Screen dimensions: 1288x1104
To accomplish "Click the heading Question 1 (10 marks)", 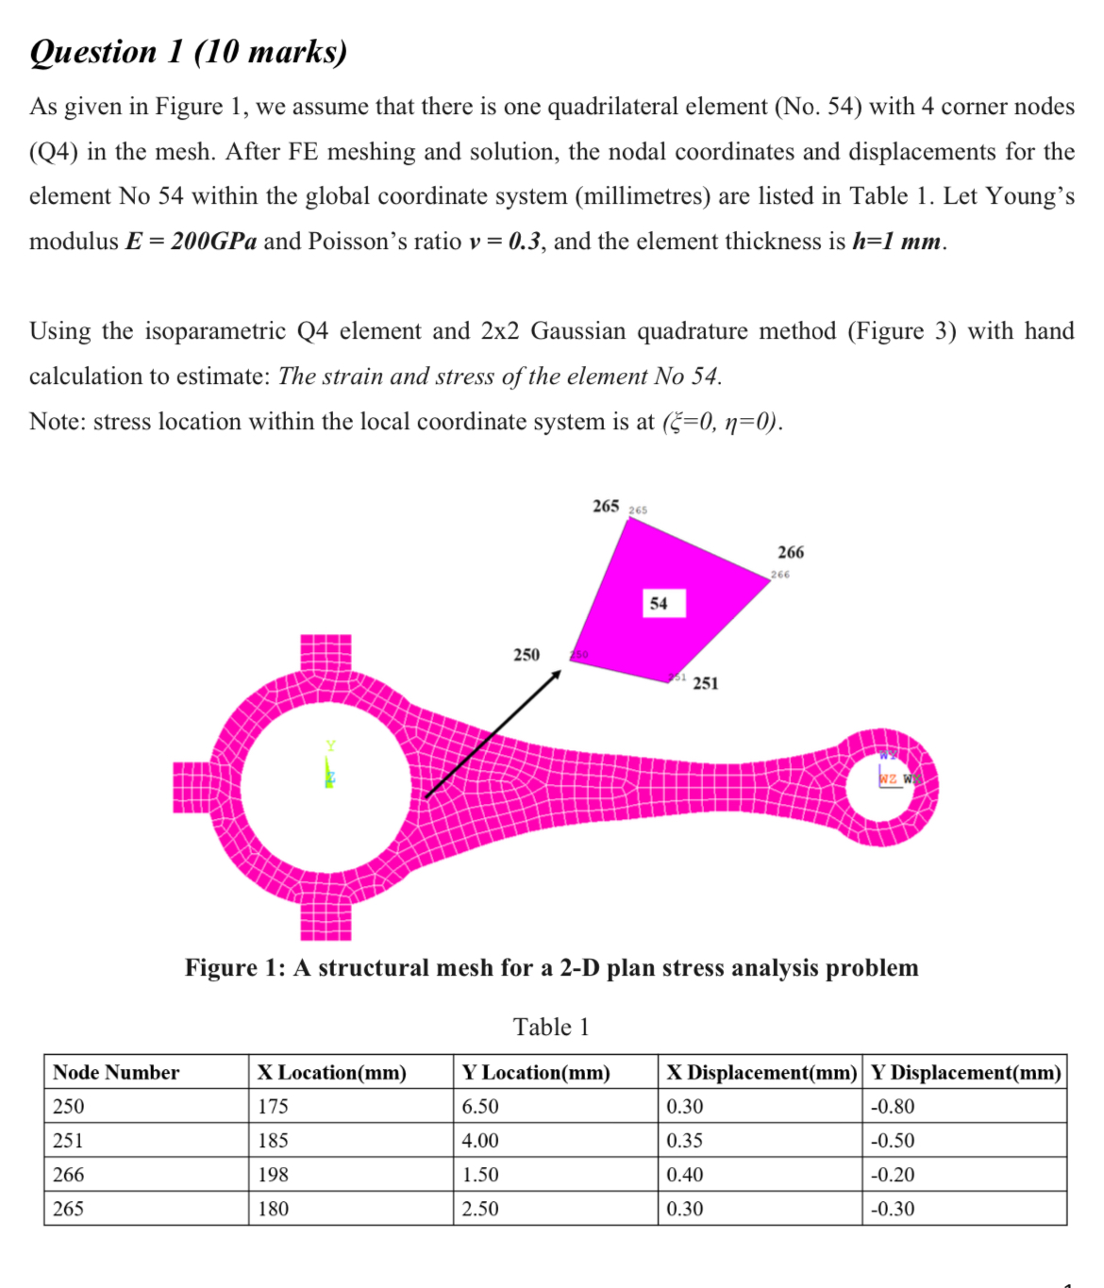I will click(x=189, y=51).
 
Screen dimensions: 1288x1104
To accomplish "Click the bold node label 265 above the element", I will click(x=606, y=506).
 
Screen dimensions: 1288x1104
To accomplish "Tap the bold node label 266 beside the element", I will click(x=791, y=552).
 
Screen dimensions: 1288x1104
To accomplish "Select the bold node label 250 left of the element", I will click(x=527, y=654).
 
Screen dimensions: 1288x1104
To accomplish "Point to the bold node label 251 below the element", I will click(x=706, y=683).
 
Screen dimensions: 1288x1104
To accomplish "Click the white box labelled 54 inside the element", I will click(x=659, y=604).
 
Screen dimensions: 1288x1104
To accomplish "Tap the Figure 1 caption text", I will click(x=551, y=968).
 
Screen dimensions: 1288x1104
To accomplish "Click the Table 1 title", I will click(x=551, y=1027).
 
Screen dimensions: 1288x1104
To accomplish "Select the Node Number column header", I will click(x=116, y=1072).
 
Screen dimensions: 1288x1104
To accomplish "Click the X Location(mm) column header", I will click(x=332, y=1072).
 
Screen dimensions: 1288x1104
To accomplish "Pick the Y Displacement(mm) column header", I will click(x=965, y=1072).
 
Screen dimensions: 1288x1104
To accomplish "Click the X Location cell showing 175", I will click(x=274, y=1106).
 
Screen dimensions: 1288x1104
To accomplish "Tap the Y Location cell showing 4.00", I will click(x=480, y=1140).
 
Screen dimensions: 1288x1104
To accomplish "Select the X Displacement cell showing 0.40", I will click(x=685, y=1174).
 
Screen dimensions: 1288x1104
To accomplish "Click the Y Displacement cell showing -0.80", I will click(x=892, y=1106).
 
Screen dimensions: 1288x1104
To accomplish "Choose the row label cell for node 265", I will click(x=69, y=1208).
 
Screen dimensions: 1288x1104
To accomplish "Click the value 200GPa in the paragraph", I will click(x=213, y=242).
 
